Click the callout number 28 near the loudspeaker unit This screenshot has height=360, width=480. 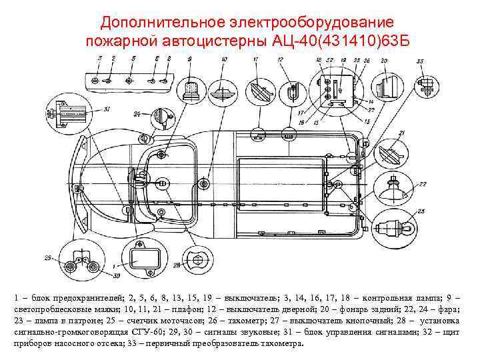tap(177, 265)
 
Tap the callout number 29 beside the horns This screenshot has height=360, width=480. tap(47, 257)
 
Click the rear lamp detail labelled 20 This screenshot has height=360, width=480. tap(385, 87)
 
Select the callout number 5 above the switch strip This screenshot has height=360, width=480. tap(133, 59)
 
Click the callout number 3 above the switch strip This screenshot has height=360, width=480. tap(99, 59)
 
